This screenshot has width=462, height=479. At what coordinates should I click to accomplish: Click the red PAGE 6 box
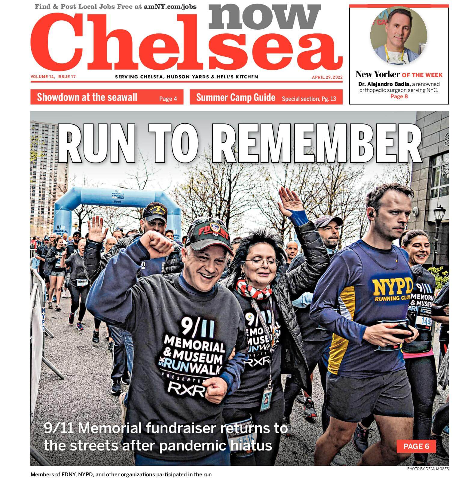coord(416,446)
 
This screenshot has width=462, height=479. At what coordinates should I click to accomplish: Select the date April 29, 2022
coord(327,77)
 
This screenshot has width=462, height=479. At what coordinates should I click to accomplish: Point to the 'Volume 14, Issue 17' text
coord(53,77)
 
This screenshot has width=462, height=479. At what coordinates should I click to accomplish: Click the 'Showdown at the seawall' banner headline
coord(87,97)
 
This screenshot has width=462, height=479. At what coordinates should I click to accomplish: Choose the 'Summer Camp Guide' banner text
coord(235,98)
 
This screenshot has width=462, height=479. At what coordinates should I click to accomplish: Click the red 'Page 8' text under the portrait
coord(399,96)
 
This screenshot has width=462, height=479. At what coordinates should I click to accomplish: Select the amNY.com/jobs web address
coord(170,6)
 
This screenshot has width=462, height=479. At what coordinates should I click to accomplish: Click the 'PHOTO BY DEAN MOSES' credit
coord(428,469)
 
